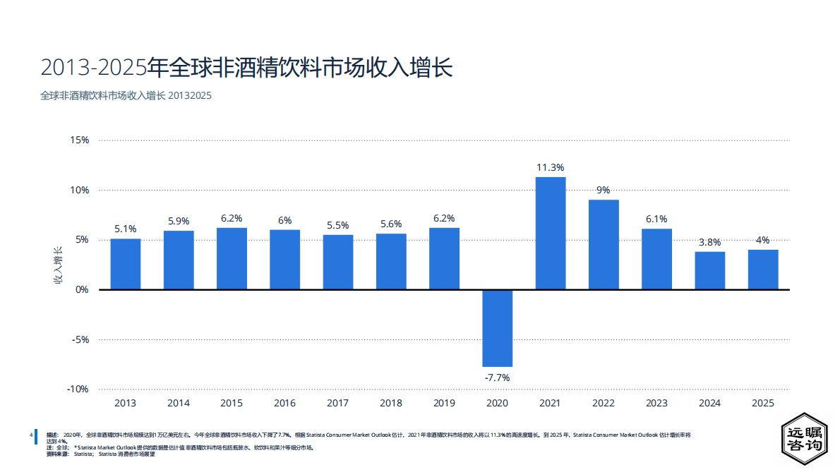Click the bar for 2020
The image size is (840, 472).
click(497, 328)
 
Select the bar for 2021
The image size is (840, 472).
click(550, 233)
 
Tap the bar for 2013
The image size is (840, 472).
click(125, 264)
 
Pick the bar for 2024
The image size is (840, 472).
click(709, 270)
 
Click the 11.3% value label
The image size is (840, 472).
click(550, 168)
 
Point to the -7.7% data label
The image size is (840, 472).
click(497, 377)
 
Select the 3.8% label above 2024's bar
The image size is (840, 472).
click(709, 243)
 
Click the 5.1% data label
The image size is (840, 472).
click(125, 229)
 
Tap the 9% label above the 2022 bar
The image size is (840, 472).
click(603, 190)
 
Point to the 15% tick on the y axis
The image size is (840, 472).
click(80, 140)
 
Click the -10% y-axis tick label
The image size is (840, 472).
click(78, 389)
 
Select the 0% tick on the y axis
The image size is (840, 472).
click(82, 289)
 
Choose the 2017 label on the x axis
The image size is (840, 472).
click(337, 404)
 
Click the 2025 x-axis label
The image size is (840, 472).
click(763, 404)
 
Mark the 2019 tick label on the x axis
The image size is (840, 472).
click(444, 404)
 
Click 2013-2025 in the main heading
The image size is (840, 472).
click(94, 68)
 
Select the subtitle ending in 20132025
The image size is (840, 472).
click(126, 95)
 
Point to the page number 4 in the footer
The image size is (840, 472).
click(31, 435)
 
